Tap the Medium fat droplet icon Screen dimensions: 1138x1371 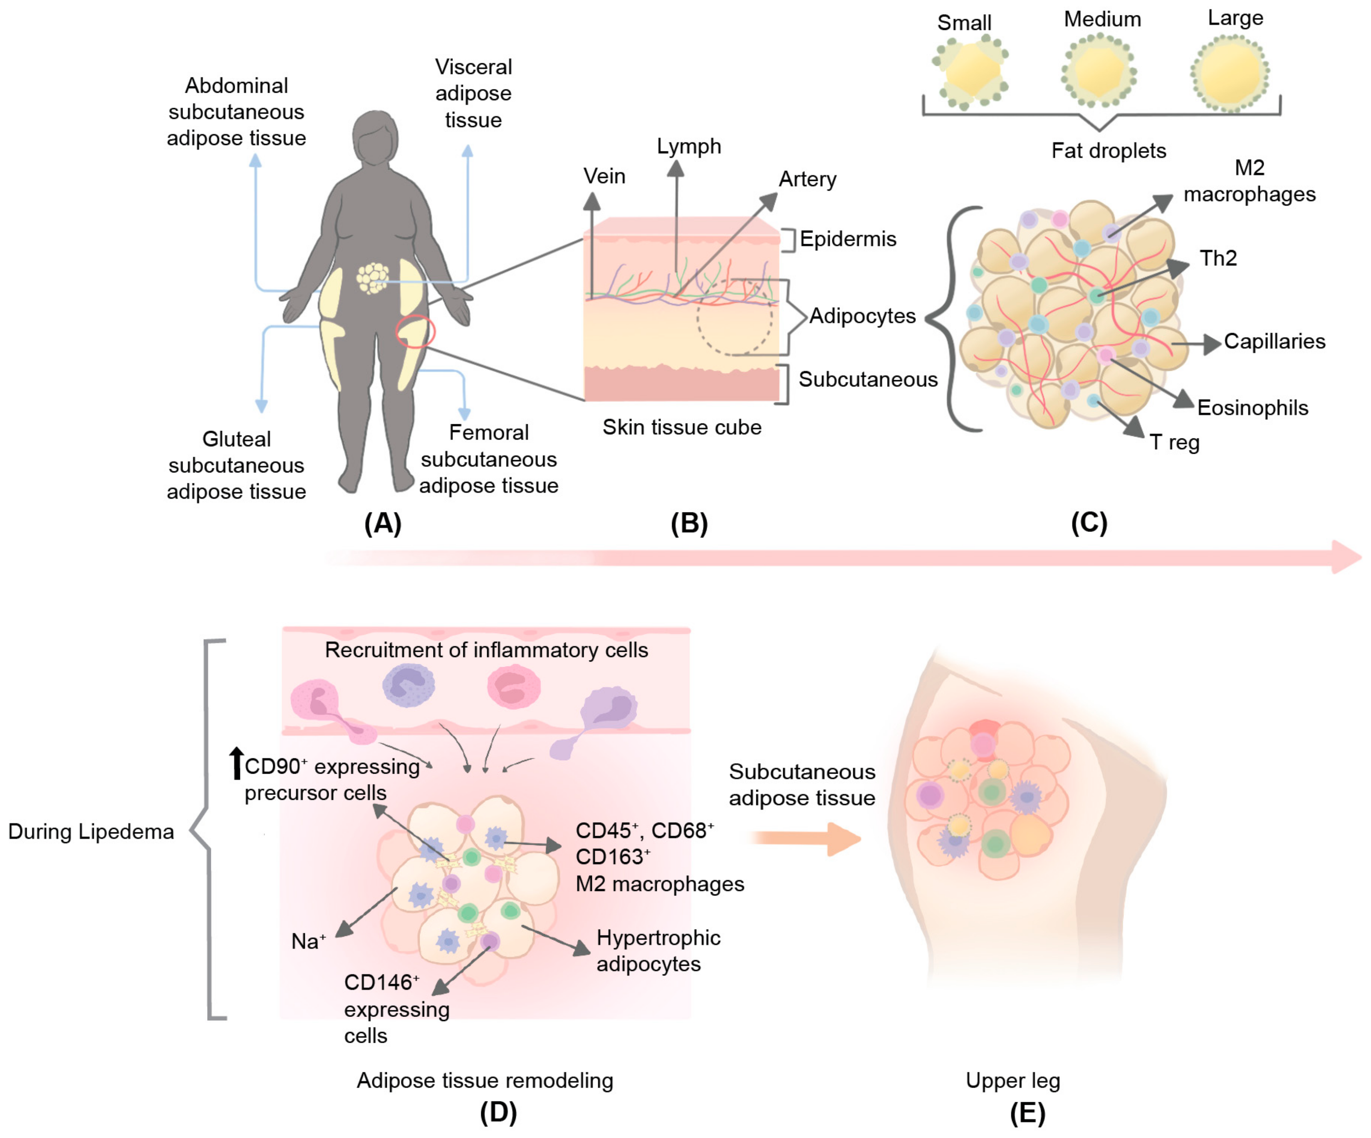(1099, 71)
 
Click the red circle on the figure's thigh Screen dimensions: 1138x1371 (415, 331)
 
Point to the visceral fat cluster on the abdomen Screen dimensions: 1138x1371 (372, 277)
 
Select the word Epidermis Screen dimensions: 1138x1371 (847, 239)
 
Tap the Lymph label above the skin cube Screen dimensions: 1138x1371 (689, 146)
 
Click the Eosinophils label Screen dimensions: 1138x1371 (1252, 407)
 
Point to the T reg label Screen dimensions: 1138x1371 (1175, 442)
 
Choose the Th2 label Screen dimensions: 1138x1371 (1218, 258)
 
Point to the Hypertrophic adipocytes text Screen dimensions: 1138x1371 (658, 950)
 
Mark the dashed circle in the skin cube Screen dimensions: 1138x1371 (735, 318)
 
